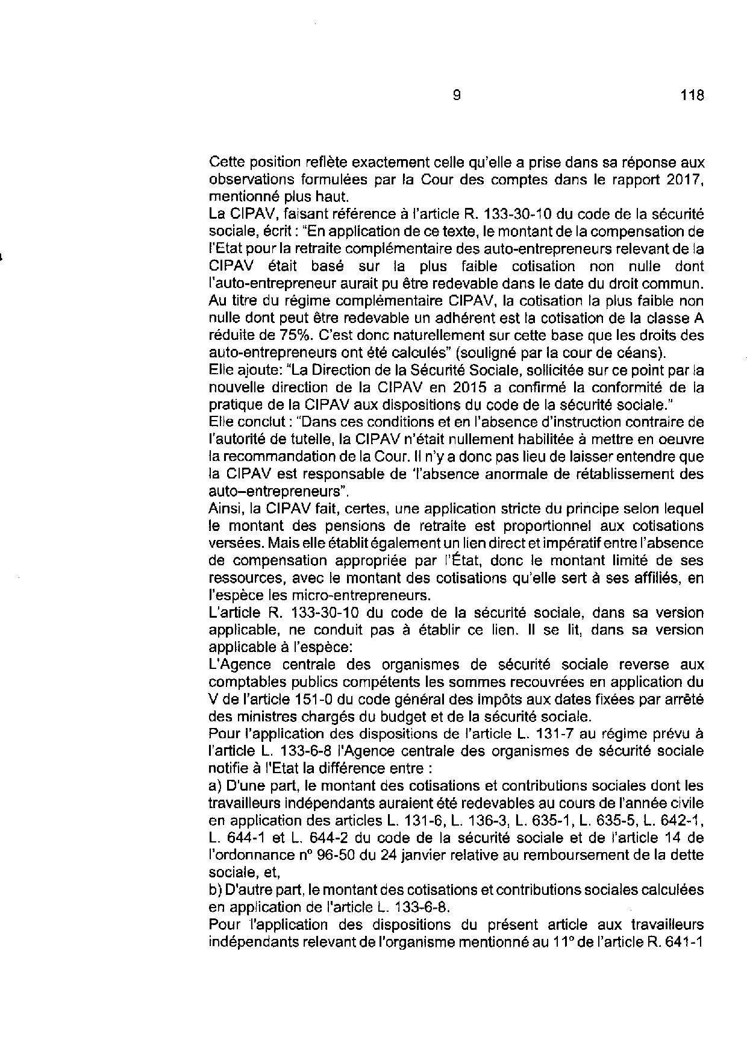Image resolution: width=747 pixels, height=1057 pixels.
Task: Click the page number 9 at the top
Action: tap(456, 95)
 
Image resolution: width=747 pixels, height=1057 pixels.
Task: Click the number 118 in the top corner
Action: tap(692, 95)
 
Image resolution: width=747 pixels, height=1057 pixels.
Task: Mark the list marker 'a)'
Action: tap(214, 786)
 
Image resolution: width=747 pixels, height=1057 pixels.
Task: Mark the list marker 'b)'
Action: tap(214, 890)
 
